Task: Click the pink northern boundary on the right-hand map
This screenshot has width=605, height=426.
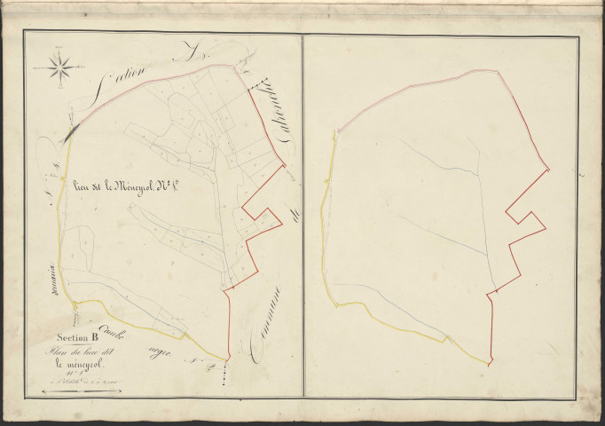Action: (426, 83)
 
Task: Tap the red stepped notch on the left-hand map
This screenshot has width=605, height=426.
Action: (262, 218)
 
